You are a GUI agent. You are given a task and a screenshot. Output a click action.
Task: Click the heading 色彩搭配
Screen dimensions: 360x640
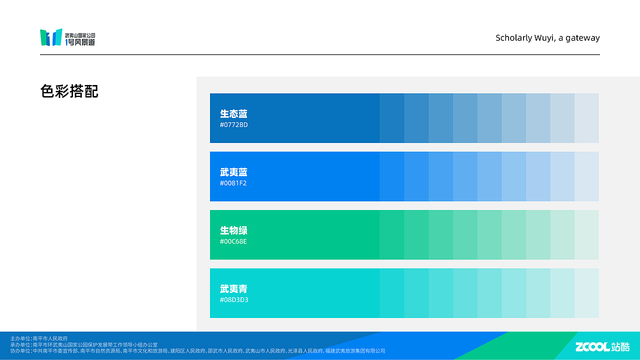pyautogui.click(x=69, y=91)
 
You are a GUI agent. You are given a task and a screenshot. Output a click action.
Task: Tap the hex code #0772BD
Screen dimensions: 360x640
pyautogui.click(x=233, y=125)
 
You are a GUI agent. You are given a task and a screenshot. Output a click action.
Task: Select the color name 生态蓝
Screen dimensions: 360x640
pyautogui.click(x=233, y=114)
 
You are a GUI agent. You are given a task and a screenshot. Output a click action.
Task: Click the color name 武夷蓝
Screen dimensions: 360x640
pyautogui.click(x=233, y=172)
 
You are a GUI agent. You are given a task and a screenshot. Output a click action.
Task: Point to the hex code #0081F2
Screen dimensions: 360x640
pyautogui.click(x=233, y=183)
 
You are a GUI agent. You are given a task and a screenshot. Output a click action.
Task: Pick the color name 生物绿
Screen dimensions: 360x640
pyautogui.click(x=233, y=230)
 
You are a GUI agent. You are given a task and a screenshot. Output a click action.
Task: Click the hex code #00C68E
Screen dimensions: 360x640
pyautogui.click(x=233, y=242)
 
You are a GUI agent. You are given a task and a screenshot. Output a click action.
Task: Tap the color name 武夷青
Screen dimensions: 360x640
pyautogui.click(x=233, y=289)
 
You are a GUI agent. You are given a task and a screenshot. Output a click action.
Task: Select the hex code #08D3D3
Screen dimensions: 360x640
pyautogui.click(x=234, y=300)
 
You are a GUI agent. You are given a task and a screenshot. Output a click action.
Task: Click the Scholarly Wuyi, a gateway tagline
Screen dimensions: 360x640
pyautogui.click(x=547, y=38)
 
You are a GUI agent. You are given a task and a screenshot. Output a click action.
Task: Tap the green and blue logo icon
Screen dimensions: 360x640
pyautogui.click(x=51, y=37)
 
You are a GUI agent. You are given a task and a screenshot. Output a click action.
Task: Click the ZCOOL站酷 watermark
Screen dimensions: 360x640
pyautogui.click(x=602, y=346)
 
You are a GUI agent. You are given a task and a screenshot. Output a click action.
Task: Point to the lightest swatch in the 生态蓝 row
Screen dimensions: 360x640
pyautogui.click(x=586, y=118)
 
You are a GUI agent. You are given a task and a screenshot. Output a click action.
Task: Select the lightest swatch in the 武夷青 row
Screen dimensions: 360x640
pyautogui.click(x=586, y=293)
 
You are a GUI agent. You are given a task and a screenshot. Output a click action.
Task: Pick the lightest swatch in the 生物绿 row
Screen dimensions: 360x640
pyautogui.click(x=586, y=234)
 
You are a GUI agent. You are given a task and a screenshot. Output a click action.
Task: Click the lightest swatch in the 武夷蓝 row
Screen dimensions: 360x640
pyautogui.click(x=586, y=176)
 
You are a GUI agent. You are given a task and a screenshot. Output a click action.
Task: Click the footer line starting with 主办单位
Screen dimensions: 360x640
pyautogui.click(x=39, y=338)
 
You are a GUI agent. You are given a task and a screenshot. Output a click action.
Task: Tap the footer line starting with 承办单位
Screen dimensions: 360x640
pyautogui.click(x=84, y=344)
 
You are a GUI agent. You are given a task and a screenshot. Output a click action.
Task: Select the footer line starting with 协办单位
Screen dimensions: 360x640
pyautogui.click(x=197, y=351)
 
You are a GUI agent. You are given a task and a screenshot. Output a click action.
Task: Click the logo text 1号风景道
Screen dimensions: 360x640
pyautogui.click(x=80, y=42)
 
